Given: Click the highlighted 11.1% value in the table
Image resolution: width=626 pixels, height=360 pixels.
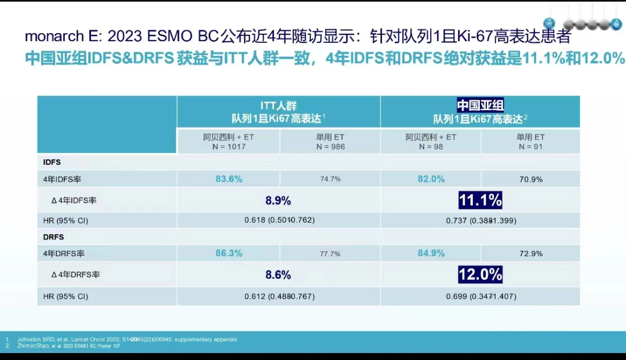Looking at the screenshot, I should point(480,201).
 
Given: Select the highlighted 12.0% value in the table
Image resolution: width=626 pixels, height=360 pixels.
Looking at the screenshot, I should point(480,274).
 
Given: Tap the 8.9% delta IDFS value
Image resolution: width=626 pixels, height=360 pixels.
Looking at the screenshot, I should point(278,201).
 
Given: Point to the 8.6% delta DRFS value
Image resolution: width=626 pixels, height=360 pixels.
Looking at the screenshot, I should point(278,275).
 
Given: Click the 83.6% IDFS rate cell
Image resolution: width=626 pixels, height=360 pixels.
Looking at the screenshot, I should point(229,179).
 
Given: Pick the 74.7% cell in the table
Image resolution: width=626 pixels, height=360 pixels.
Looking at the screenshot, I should point(330,179).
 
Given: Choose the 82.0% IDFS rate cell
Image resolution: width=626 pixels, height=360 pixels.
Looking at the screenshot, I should point(431,179).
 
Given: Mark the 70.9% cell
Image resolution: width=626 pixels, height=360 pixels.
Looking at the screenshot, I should point(531,179).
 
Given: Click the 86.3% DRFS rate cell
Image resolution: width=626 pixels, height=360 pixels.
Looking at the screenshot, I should point(229,253).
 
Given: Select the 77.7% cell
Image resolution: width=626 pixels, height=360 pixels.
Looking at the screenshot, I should point(330,254).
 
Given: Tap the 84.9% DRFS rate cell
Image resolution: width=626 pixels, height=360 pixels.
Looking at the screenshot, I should point(431,253).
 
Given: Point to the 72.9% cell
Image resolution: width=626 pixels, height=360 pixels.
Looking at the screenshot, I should point(531,254).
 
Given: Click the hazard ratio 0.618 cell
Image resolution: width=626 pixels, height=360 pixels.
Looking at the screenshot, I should point(279,220).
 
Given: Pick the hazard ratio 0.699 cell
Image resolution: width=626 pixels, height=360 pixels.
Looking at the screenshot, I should point(481,296).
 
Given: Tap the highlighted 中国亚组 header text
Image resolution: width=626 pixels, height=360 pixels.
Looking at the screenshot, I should point(481,106).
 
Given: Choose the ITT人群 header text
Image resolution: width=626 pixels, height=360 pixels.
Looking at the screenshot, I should point(278,106).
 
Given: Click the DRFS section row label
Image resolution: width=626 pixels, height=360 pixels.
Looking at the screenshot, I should point(53,237).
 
